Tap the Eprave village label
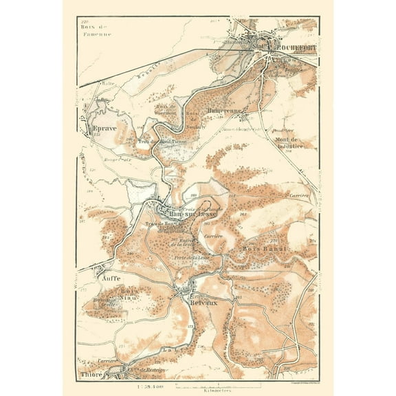100,128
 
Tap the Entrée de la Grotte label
184,241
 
